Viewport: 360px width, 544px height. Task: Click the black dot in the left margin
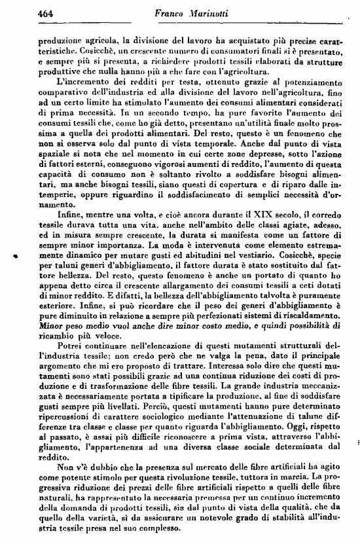point(14,259)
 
